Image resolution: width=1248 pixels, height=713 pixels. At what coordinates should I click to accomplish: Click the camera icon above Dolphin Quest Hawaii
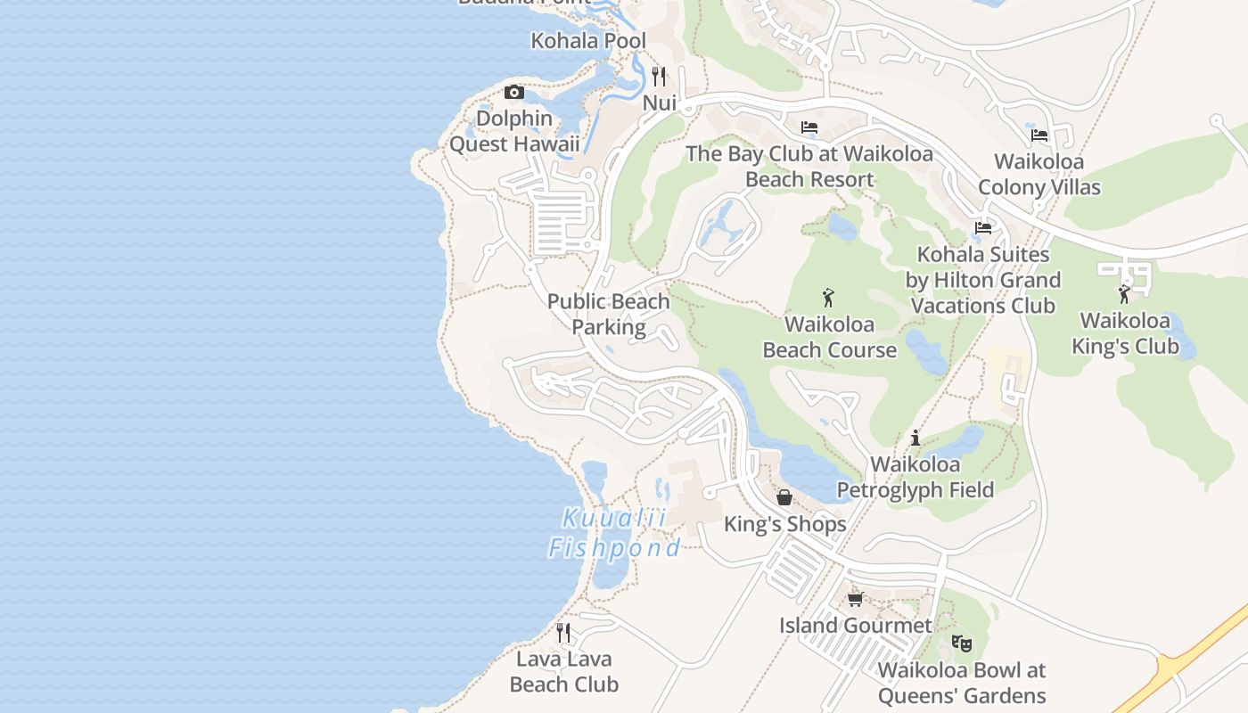[514, 92]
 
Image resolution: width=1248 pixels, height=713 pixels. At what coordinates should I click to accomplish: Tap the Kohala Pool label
[588, 41]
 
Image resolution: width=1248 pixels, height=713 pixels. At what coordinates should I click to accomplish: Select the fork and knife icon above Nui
[659, 76]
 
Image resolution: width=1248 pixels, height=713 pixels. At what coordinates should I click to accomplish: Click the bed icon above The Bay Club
[809, 127]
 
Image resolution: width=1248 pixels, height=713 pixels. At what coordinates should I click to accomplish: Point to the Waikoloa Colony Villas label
[1039, 175]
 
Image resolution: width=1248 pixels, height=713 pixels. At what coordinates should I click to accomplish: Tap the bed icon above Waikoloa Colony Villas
[1039, 135]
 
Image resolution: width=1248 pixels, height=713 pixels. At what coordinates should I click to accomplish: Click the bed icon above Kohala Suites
[983, 228]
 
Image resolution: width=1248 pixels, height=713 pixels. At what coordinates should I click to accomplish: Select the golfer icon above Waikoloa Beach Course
[829, 298]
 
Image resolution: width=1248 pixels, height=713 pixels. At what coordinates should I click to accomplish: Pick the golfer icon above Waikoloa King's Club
[1125, 293]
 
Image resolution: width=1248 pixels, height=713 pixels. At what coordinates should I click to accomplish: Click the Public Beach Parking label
[609, 315]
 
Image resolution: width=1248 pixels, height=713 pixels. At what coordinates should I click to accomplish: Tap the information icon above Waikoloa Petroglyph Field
[915, 438]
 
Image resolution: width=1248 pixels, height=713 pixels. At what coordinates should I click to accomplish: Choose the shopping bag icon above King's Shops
[784, 497]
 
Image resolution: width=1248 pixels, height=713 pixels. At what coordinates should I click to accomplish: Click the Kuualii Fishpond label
[614, 533]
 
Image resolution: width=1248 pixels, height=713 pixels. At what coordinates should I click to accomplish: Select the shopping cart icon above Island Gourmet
[856, 599]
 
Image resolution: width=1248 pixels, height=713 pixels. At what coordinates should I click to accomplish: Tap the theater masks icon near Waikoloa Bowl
[961, 643]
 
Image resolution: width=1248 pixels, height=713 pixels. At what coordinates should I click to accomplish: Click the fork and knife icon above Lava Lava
[563, 633]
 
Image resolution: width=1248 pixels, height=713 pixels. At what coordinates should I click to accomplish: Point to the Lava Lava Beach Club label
[564, 672]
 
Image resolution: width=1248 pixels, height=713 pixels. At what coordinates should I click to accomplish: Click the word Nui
[660, 103]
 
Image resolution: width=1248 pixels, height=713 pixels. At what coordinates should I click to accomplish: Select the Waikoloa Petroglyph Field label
[915, 477]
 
